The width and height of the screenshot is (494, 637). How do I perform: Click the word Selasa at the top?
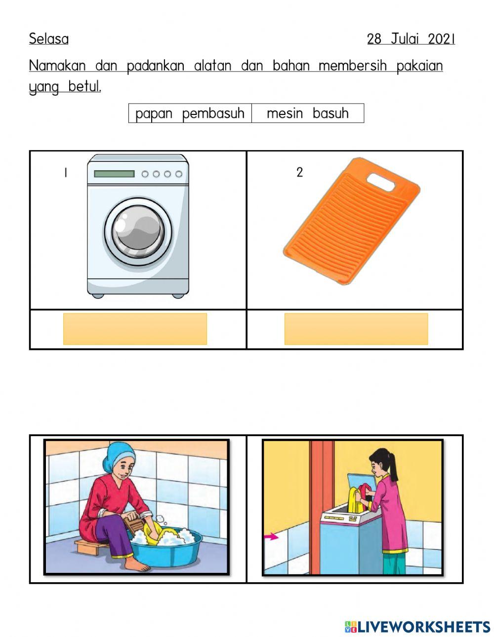tap(48, 38)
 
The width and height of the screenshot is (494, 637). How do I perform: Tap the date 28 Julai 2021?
tap(411, 39)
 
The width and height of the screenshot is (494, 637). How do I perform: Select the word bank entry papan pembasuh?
tap(190, 113)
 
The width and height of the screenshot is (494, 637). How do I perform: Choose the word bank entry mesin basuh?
tap(307, 113)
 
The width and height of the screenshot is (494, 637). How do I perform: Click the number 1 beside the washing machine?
tap(65, 173)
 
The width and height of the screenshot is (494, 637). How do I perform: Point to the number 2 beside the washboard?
tap(299, 173)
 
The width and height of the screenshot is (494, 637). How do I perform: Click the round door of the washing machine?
tap(138, 231)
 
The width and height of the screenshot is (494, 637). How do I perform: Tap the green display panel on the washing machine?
tap(114, 174)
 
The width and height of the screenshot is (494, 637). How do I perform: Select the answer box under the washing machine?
tap(135, 329)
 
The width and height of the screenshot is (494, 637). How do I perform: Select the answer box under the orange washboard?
tap(356, 329)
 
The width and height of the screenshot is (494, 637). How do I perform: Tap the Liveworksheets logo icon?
tap(351, 627)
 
